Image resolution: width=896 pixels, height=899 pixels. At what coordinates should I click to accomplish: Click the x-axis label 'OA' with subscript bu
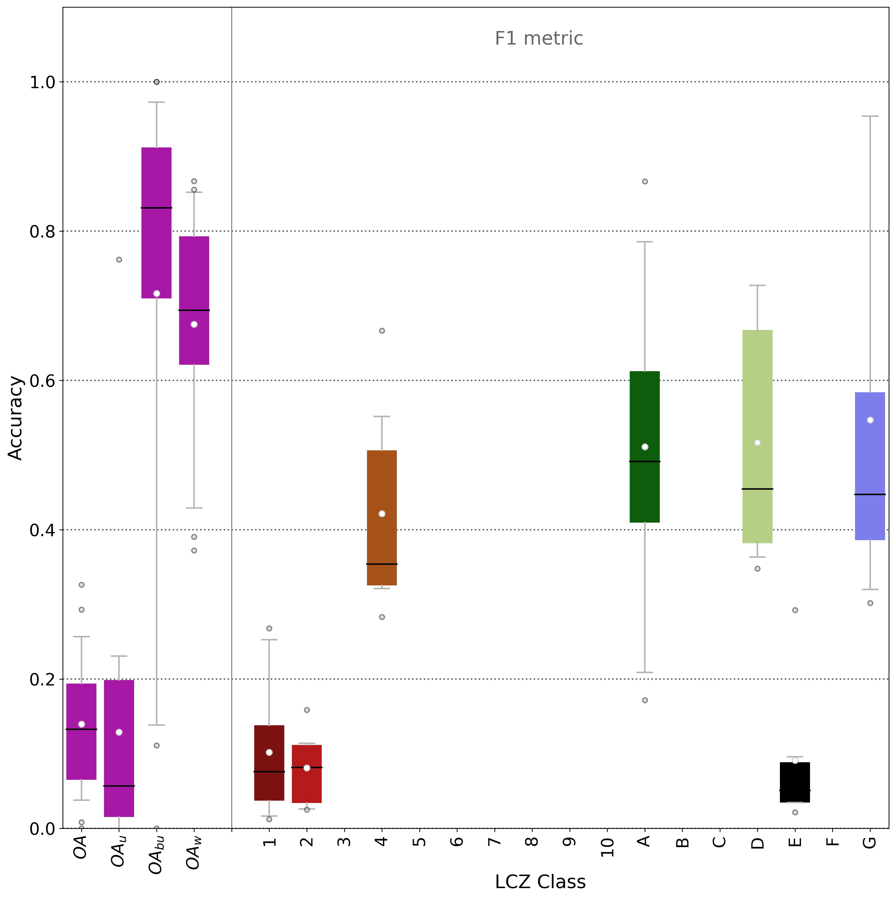pos(156,855)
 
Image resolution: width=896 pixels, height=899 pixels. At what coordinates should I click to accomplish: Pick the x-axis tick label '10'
pos(607,848)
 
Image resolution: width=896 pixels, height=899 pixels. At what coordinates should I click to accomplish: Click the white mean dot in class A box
pos(644,447)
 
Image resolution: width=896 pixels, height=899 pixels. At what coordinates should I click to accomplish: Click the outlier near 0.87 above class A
pos(644,182)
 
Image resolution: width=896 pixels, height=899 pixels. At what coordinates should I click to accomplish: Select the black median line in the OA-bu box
pos(156,208)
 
